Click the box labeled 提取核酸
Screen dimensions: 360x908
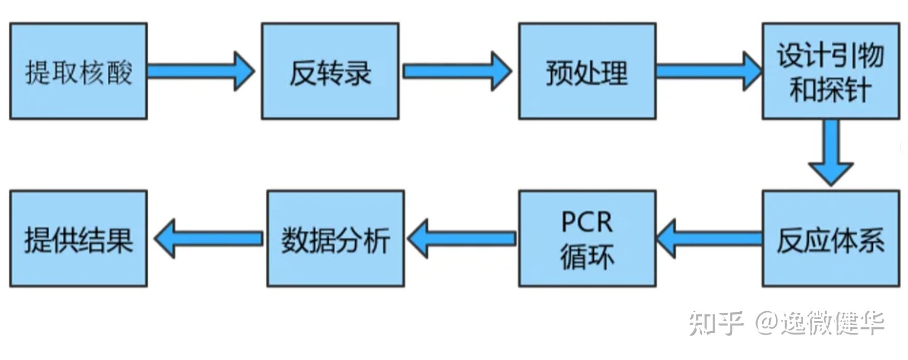(78, 71)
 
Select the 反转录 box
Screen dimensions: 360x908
(330, 71)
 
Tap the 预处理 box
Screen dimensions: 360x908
(587, 71)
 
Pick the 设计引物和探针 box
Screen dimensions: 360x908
(830, 71)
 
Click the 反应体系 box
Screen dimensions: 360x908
(830, 239)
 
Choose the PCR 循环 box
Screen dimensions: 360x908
(587, 239)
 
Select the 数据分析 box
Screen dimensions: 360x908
(336, 239)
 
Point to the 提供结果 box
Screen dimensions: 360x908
(78, 239)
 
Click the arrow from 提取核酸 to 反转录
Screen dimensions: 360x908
(200, 71)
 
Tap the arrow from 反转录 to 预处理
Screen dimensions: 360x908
(456, 71)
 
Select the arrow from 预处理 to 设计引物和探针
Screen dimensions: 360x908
(708, 71)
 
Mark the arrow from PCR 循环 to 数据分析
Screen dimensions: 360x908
(462, 239)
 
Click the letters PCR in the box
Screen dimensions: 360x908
(586, 222)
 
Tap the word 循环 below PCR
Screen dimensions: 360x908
(587, 257)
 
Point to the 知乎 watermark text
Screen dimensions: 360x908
(716, 323)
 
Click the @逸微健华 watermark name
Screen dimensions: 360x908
(819, 323)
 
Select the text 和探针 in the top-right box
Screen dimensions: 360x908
(830, 90)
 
